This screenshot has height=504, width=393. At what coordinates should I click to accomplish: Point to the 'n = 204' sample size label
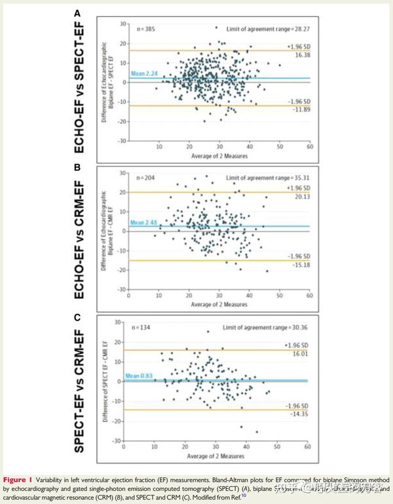click(135, 178)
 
